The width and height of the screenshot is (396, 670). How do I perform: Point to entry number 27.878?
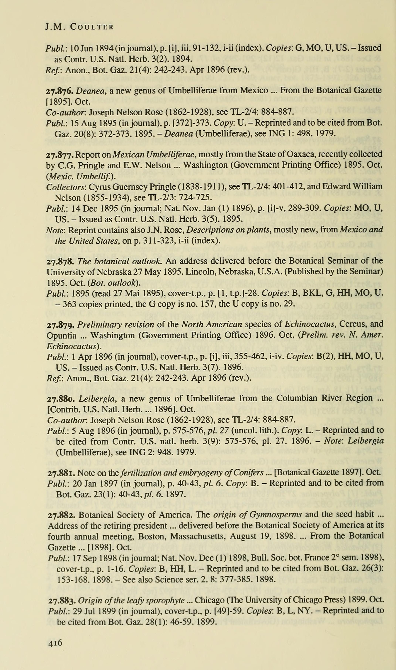click(x=60, y=261)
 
